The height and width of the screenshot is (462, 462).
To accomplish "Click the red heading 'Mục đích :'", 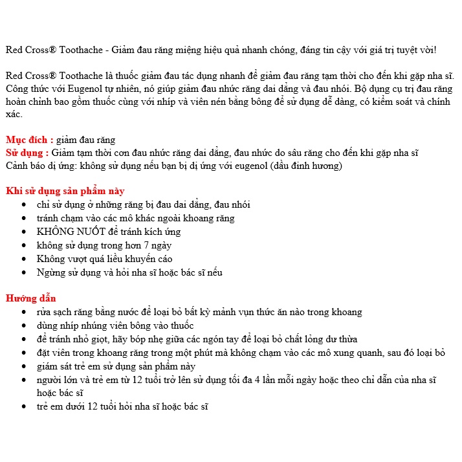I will tap(29, 140).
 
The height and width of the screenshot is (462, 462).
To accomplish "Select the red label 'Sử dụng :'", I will tap(27, 153).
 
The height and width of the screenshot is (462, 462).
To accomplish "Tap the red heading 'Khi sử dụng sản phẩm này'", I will tap(65, 191).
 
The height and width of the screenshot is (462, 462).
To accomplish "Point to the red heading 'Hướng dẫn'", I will tap(31, 298).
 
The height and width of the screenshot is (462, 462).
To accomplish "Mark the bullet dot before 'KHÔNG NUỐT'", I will tap(24, 232).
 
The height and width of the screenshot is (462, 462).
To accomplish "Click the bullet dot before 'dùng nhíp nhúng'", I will tap(24, 325).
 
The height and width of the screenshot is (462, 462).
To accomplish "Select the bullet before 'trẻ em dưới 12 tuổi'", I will tap(24, 406).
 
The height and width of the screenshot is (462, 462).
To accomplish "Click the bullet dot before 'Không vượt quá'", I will tap(24, 259).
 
